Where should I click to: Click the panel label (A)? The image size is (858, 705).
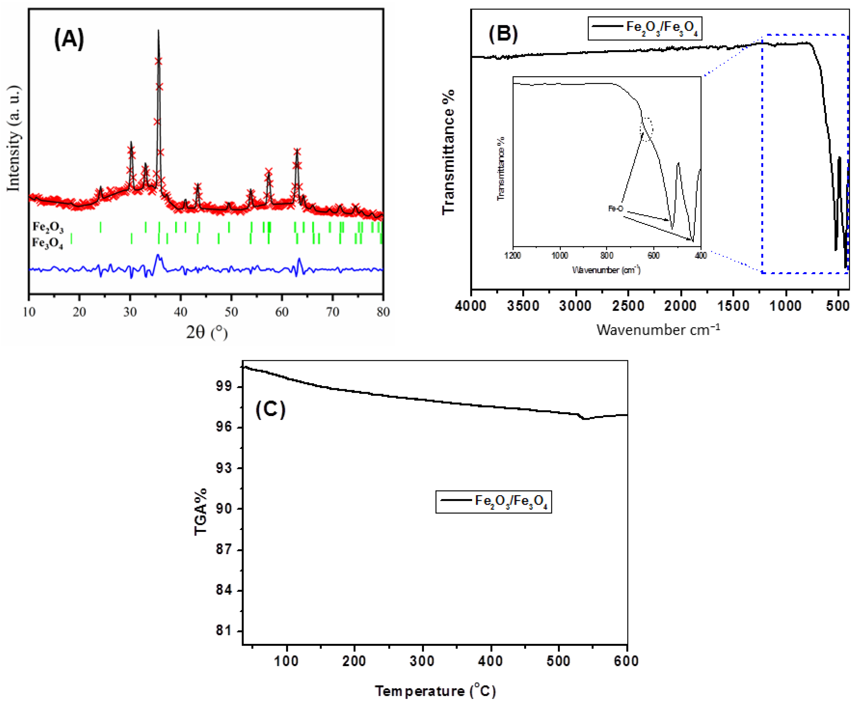[69, 39]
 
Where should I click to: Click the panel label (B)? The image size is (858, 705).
[503, 34]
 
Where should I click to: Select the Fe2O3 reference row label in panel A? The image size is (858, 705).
[48, 227]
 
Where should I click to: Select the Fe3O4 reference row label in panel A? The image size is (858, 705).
[48, 243]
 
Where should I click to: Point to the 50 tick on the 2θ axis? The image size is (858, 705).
[231, 312]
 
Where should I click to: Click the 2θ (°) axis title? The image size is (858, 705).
[207, 333]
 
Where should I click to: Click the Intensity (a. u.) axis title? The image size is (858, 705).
[13, 138]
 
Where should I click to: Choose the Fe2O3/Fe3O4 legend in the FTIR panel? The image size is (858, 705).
[645, 28]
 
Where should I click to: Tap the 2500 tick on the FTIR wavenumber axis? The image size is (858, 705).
[628, 305]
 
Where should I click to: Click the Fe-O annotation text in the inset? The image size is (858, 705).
[615, 209]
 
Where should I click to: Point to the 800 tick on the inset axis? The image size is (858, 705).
[607, 256]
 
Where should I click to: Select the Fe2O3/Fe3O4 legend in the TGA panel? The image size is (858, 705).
[494, 502]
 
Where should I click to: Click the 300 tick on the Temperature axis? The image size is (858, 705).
[422, 661]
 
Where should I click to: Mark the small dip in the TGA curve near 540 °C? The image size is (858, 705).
[585, 419]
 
